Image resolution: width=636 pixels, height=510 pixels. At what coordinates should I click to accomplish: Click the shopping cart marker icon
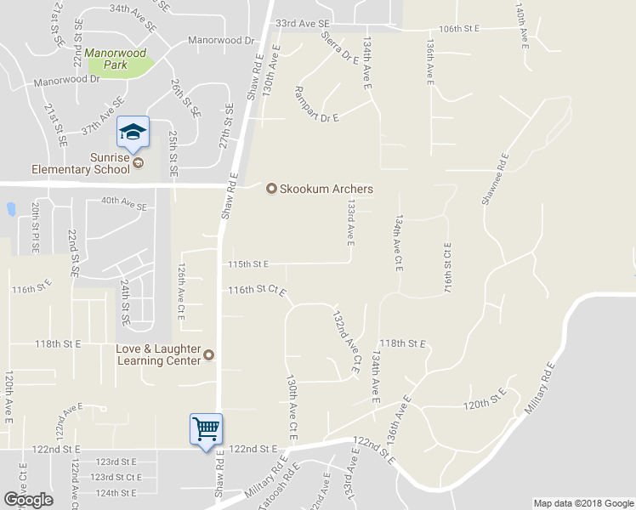point(206,429)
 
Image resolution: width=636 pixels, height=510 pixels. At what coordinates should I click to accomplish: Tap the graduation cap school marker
point(132,132)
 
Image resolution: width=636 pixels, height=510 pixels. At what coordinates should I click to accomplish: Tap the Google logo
point(28,500)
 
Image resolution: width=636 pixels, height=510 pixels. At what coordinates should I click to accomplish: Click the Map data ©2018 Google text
point(582,503)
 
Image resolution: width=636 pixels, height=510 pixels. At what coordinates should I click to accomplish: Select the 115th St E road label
point(248,264)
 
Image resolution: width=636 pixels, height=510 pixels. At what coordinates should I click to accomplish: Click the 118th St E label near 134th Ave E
point(401,343)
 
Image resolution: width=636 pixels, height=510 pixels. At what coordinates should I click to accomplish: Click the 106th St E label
point(460,28)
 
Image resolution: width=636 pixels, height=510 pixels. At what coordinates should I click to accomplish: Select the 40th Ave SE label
point(123,201)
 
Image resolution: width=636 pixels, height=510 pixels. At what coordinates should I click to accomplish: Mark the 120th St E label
point(485,397)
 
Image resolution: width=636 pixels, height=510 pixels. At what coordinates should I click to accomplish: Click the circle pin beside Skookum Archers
point(272,189)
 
